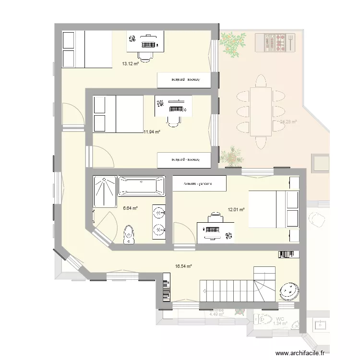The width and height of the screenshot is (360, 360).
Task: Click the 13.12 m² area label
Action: point(130,63)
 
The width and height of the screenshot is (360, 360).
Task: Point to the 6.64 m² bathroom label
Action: point(130,208)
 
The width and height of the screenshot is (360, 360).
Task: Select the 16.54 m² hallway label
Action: point(184,266)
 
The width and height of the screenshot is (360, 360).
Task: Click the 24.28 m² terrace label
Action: point(288,122)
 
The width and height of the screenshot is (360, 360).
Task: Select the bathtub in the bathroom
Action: point(141,186)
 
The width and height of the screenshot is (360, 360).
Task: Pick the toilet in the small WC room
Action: point(263,319)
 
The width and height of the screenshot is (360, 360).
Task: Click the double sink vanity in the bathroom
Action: point(159,222)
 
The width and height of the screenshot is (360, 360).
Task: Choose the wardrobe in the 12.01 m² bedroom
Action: point(198,183)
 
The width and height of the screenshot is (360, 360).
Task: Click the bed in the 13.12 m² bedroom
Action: point(87,49)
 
